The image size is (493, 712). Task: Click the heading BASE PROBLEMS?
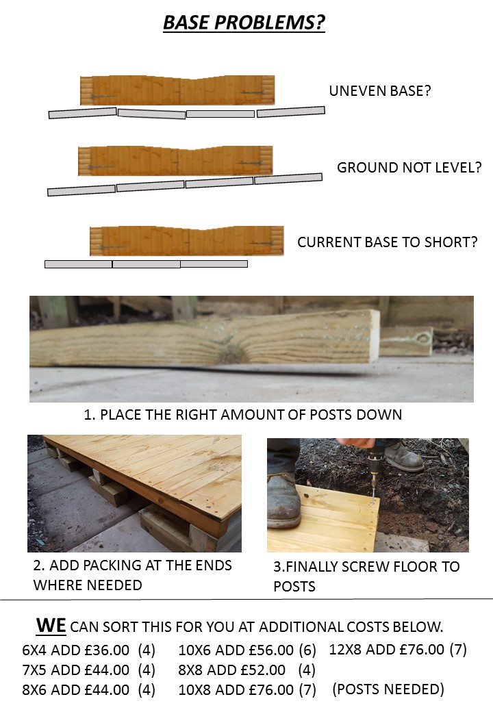click(244, 23)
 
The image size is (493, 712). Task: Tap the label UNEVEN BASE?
click(380, 91)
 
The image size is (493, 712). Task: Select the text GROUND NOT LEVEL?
click(409, 168)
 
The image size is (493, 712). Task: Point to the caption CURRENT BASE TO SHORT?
click(388, 242)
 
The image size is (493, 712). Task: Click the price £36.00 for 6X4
click(107, 650)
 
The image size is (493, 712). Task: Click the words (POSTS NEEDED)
click(388, 689)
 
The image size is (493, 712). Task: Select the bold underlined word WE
click(51, 626)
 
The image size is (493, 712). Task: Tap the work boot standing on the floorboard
click(283, 502)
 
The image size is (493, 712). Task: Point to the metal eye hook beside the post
click(424, 339)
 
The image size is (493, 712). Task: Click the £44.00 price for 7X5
click(107, 670)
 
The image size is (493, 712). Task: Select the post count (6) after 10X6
click(307, 650)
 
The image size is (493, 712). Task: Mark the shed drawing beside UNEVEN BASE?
click(177, 90)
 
